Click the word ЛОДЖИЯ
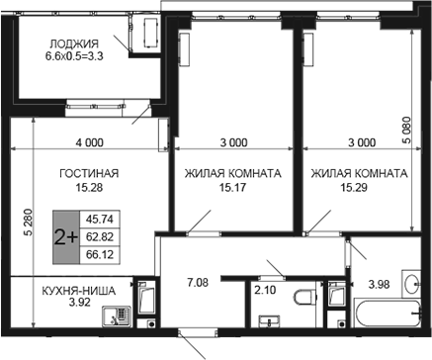coord(74,44)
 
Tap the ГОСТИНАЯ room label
coord(89,173)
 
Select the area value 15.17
coord(232,188)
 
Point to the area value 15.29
coord(354,188)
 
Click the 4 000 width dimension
coord(89,142)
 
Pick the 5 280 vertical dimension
coord(29,223)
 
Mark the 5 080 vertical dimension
coord(407,130)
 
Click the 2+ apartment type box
coord(66,237)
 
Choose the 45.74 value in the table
coord(100,220)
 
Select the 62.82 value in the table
coord(100,236)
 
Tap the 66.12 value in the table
coord(100,254)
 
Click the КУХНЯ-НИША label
coord(79,291)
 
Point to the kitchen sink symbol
coord(117,316)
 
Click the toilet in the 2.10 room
coord(303,298)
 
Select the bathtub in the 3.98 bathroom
coord(388,313)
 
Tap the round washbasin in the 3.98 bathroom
coord(412,284)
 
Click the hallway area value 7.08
coord(198,283)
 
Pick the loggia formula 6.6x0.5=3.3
coord(74,56)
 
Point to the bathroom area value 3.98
coord(379,284)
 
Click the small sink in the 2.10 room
coord(270,320)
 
